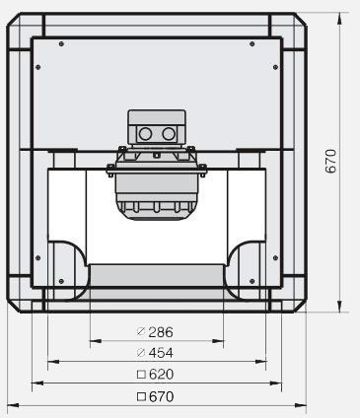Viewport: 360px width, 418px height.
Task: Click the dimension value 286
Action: pyautogui.click(x=161, y=332)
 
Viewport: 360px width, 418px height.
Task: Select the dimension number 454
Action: pyautogui.click(x=161, y=353)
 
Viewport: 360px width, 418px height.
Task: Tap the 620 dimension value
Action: pyautogui.click(x=161, y=375)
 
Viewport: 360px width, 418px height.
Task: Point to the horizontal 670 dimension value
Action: pyautogui.click(x=161, y=396)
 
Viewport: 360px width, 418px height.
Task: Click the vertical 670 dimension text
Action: pyautogui.click(x=331, y=161)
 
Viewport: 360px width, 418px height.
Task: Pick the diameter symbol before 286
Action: pyautogui.click(x=141, y=332)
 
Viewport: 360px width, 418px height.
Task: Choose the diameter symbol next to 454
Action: pyautogui.click(x=141, y=353)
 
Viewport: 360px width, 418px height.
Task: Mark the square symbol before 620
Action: pyautogui.click(x=141, y=375)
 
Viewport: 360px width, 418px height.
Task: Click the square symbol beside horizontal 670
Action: pyautogui.click(x=141, y=396)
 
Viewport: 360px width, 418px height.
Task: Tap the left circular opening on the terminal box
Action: pyautogui.click(x=145, y=134)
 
